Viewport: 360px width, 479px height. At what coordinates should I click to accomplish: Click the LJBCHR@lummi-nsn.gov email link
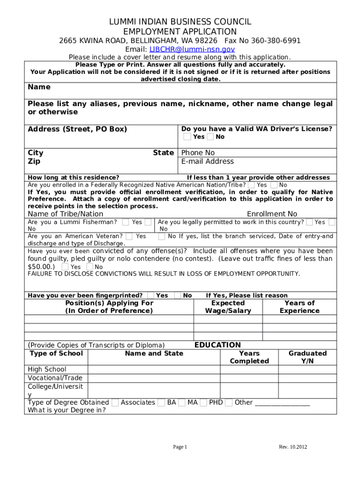tap(192, 49)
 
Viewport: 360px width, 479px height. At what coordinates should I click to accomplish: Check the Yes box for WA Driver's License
tap(187, 137)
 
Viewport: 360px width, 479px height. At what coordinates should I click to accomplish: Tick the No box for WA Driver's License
tap(210, 137)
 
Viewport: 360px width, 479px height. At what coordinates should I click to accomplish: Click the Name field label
tap(39, 87)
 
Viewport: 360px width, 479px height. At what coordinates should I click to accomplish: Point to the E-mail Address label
tap(207, 161)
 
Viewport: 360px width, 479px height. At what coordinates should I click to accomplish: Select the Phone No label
tap(198, 153)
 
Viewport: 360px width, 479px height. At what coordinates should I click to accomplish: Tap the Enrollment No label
tap(272, 214)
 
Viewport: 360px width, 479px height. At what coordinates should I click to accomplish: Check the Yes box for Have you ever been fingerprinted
tap(151, 295)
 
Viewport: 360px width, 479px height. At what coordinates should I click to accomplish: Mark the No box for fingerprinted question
tap(178, 295)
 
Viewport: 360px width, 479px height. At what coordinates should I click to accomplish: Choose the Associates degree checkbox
tap(115, 402)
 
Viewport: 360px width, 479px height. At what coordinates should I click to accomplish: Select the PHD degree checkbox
tap(203, 402)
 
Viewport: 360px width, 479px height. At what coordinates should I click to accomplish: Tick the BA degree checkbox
tap(161, 402)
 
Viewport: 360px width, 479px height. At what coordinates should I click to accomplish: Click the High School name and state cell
tap(154, 370)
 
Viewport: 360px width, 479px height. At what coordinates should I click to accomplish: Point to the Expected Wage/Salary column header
tap(228, 307)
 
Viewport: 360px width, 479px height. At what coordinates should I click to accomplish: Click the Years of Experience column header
tap(299, 307)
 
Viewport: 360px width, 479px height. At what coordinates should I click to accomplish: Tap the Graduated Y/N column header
tap(307, 357)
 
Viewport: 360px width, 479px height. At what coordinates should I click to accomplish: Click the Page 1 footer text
tap(180, 447)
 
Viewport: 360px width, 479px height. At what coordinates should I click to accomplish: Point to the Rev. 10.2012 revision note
tap(293, 447)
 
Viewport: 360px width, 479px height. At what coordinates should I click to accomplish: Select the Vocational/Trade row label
tap(55, 378)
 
